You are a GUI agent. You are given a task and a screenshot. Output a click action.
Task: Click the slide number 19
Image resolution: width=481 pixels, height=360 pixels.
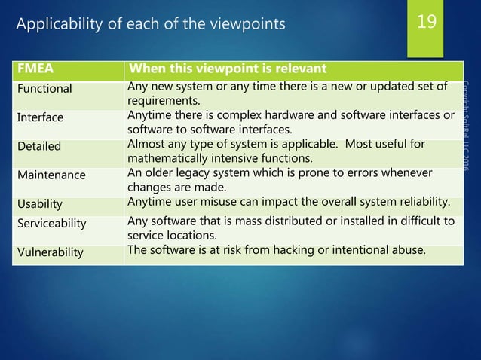point(427,22)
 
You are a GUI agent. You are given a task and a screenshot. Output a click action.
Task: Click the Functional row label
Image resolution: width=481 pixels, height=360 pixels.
point(44,88)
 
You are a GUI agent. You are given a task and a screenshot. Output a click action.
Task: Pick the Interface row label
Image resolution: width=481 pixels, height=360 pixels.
point(41,117)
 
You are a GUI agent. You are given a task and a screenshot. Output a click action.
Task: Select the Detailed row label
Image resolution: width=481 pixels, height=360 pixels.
point(40,145)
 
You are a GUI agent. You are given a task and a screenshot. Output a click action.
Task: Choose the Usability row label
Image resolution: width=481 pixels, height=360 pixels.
point(41,204)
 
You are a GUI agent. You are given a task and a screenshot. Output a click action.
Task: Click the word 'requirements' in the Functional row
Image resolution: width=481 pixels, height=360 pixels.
point(162,101)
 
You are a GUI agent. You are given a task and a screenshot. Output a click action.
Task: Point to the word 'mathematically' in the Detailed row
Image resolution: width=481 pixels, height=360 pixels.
point(170,158)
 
